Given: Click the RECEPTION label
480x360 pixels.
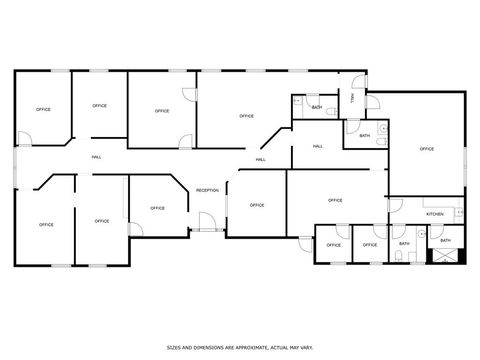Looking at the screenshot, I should point(207,190).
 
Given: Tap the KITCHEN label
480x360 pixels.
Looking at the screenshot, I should point(435,215).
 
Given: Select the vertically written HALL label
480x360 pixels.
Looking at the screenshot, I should point(352,97).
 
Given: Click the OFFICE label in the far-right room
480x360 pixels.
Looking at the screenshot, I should point(427,149).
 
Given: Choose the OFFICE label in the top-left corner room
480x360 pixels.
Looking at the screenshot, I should point(43,109).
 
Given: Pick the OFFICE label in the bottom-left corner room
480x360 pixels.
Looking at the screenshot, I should point(46,224).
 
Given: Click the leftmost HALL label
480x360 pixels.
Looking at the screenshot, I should point(96,158).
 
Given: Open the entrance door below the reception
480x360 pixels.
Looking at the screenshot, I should point(205,223).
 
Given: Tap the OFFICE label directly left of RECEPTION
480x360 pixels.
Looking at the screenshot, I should point(157,208).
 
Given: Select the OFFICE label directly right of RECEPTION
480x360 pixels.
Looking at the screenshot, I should point(257,205).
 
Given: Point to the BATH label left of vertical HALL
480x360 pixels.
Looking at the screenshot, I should point(317,107).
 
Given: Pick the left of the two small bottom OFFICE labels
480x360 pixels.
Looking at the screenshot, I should point(334,245).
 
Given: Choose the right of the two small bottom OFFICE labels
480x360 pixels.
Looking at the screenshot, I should point(370,245).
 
